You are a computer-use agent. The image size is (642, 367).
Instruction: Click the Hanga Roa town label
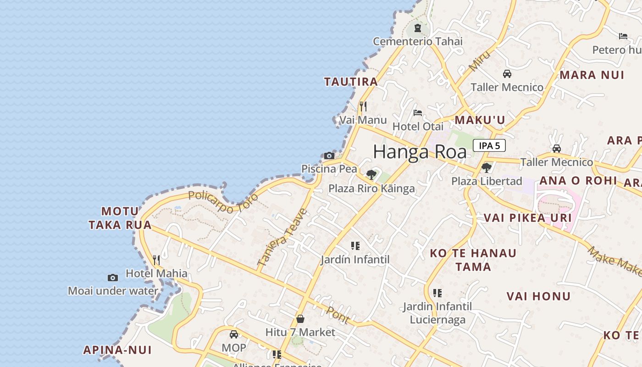click(x=420, y=152)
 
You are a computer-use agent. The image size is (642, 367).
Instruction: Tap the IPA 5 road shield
click(x=489, y=146)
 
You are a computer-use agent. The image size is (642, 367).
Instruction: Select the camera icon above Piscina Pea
click(x=329, y=156)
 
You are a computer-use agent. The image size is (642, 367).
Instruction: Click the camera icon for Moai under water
click(x=113, y=278)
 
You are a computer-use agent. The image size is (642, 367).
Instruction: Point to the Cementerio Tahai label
click(x=417, y=41)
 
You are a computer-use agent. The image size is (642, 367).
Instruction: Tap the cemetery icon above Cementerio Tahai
click(x=417, y=28)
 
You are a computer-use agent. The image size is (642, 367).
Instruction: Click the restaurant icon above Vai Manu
click(x=363, y=107)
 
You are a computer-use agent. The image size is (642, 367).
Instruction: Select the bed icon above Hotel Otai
click(x=417, y=112)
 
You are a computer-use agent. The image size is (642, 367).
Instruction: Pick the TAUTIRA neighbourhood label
click(x=351, y=82)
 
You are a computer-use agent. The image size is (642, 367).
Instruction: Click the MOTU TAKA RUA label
click(x=120, y=218)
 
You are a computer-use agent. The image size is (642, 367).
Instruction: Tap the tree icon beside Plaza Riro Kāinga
click(x=371, y=175)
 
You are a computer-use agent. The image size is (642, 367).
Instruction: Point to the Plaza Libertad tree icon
click(x=487, y=168)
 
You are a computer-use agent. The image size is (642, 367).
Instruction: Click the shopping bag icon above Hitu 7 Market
click(x=300, y=318)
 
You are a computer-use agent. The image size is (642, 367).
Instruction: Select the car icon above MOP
click(x=234, y=334)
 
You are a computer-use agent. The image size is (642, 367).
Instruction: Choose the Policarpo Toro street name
click(x=223, y=201)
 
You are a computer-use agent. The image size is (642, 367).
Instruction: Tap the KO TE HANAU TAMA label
click(x=473, y=260)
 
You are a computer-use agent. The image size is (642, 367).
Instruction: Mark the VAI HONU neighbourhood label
click(x=538, y=296)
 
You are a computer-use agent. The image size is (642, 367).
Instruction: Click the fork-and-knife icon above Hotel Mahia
click(x=156, y=260)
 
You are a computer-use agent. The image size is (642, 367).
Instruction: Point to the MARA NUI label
click(x=592, y=75)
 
